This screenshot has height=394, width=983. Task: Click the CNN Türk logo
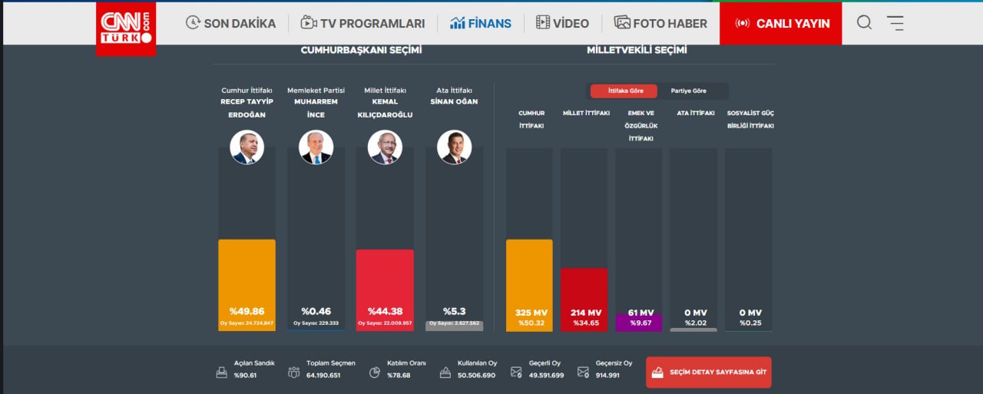(126, 28)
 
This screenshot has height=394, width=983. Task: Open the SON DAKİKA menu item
(230, 23)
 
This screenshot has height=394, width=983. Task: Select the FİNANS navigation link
(481, 23)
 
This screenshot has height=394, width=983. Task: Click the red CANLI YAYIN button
(781, 23)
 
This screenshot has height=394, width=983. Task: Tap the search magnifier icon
(864, 22)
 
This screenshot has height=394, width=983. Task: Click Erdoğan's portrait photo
(247, 147)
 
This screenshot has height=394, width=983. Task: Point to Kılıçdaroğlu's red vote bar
(385, 284)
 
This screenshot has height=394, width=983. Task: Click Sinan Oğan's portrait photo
(455, 147)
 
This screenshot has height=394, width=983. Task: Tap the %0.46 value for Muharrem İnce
(316, 311)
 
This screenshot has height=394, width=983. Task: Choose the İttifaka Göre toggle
(623, 91)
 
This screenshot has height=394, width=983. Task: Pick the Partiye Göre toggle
(689, 91)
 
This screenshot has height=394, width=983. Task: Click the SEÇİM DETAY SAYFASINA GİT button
(708, 372)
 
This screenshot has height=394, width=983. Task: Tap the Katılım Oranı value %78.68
(398, 375)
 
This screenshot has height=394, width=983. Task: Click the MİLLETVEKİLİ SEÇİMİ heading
(637, 50)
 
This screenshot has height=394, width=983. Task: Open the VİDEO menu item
(562, 23)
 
